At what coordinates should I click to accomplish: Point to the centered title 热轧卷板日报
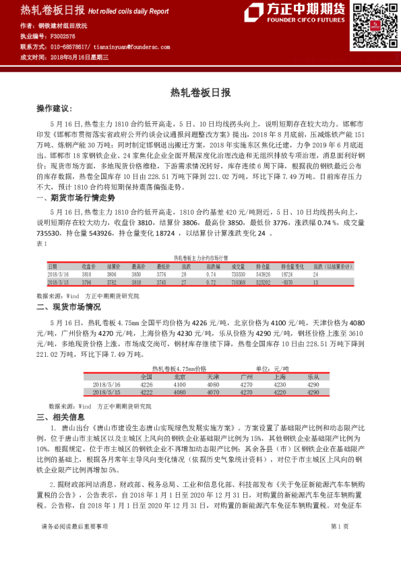[x=199, y=92]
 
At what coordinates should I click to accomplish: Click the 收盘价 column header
[x=90, y=267]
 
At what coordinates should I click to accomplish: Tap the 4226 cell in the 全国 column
[x=146, y=385]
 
